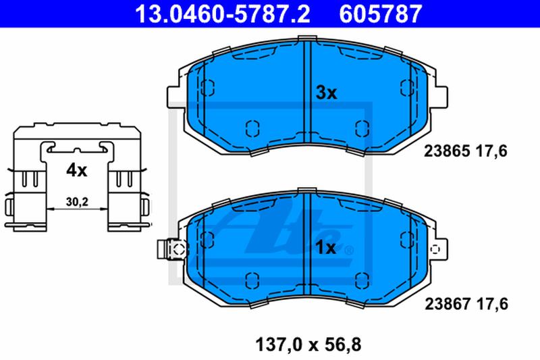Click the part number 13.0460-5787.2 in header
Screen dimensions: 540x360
(223, 14)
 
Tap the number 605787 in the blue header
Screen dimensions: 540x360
(381, 14)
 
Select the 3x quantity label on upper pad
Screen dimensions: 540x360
(326, 93)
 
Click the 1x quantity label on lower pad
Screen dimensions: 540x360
(326, 248)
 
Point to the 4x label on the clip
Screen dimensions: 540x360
(77, 170)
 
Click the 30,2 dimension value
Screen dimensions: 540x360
(77, 202)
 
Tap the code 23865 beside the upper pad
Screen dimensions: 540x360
(447, 151)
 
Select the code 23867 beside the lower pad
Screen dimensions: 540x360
(448, 304)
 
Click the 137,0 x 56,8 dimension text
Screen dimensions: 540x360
(308, 345)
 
